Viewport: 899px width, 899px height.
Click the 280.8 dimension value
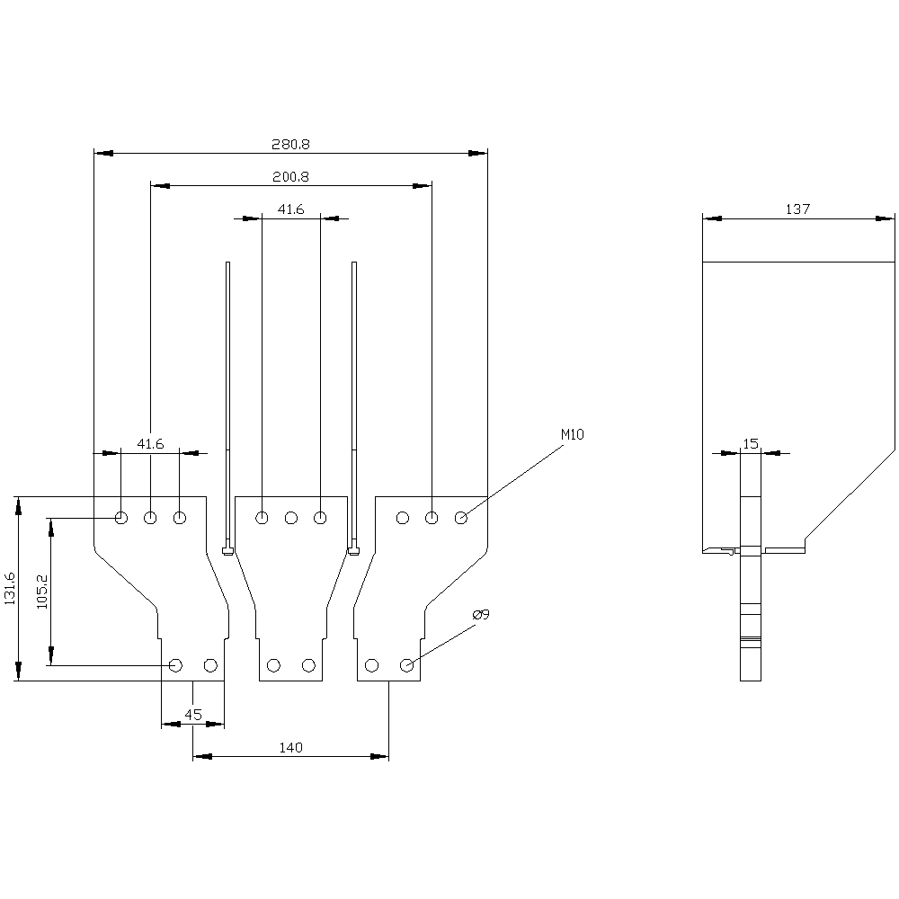tap(291, 144)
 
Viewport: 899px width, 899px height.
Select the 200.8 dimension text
tap(291, 177)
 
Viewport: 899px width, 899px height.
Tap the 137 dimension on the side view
tap(797, 209)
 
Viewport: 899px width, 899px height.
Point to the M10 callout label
tap(573, 434)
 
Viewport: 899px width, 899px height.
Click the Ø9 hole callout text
tap(481, 615)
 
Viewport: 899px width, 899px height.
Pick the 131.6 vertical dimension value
tap(10, 588)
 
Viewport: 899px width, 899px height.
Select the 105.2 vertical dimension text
tap(41, 591)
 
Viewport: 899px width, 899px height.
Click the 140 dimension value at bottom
tap(290, 747)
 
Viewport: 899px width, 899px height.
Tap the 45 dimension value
tap(192, 715)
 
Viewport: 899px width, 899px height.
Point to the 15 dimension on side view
tap(751, 443)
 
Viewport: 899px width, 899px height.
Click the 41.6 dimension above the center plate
tap(290, 209)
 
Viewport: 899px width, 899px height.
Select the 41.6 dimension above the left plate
tap(150, 443)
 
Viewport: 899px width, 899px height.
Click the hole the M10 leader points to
tap(461, 518)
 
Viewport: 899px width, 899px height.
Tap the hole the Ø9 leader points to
tap(406, 665)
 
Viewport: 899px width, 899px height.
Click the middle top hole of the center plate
tap(291, 518)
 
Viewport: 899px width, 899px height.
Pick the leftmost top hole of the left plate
tap(121, 518)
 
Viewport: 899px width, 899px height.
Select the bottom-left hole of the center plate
tap(274, 665)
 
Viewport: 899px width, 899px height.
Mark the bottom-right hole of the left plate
tap(210, 665)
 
